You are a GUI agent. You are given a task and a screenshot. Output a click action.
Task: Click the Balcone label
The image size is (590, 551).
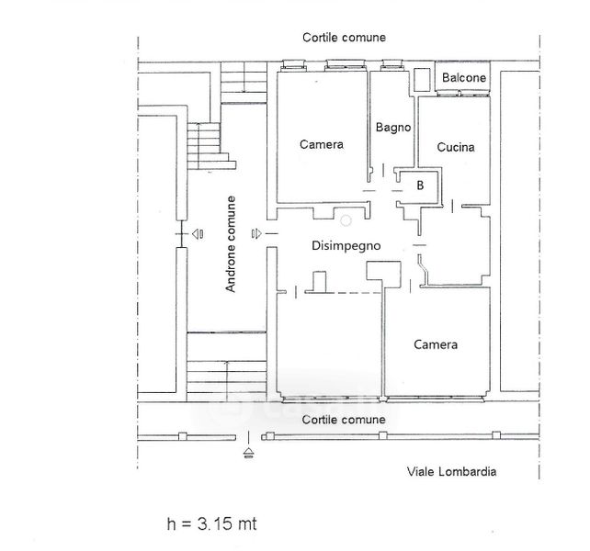[464, 79]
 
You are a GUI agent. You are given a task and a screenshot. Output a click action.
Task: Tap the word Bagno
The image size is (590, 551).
[392, 128]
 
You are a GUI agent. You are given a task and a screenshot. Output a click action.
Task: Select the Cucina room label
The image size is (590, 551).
[456, 147]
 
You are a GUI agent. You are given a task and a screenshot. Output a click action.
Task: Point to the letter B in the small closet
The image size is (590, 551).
[420, 186]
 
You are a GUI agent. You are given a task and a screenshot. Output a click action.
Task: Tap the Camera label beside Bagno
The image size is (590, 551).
[322, 144]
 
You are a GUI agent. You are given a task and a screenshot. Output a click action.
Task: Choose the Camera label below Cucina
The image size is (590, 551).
[436, 344]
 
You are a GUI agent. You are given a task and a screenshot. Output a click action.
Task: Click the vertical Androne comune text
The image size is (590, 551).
[232, 245]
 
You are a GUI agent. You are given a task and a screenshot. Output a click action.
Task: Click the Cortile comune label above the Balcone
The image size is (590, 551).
[344, 38]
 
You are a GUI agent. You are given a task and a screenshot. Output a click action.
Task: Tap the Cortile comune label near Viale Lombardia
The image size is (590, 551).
[344, 420]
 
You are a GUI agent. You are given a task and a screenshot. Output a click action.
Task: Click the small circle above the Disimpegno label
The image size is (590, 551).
[346, 221]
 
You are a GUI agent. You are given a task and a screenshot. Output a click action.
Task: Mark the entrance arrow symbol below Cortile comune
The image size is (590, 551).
[248, 451]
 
